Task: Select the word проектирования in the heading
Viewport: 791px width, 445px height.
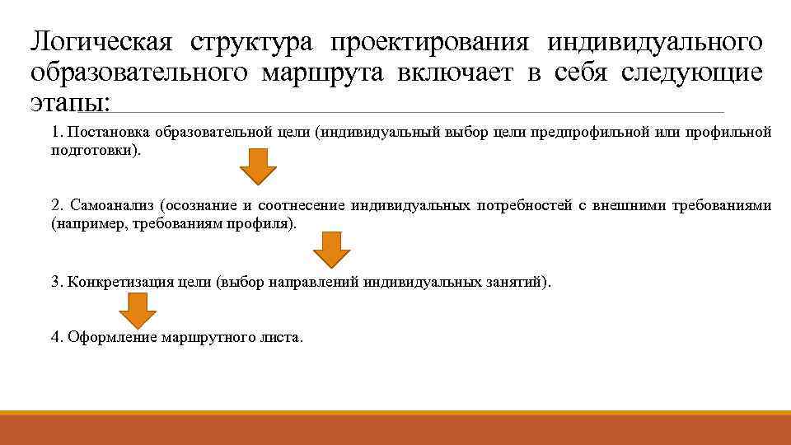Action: [428, 40]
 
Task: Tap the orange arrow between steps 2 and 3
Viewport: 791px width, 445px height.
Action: [332, 249]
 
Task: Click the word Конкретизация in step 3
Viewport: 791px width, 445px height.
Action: [121, 283]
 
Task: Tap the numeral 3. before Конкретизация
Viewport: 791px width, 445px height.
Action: [57, 283]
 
